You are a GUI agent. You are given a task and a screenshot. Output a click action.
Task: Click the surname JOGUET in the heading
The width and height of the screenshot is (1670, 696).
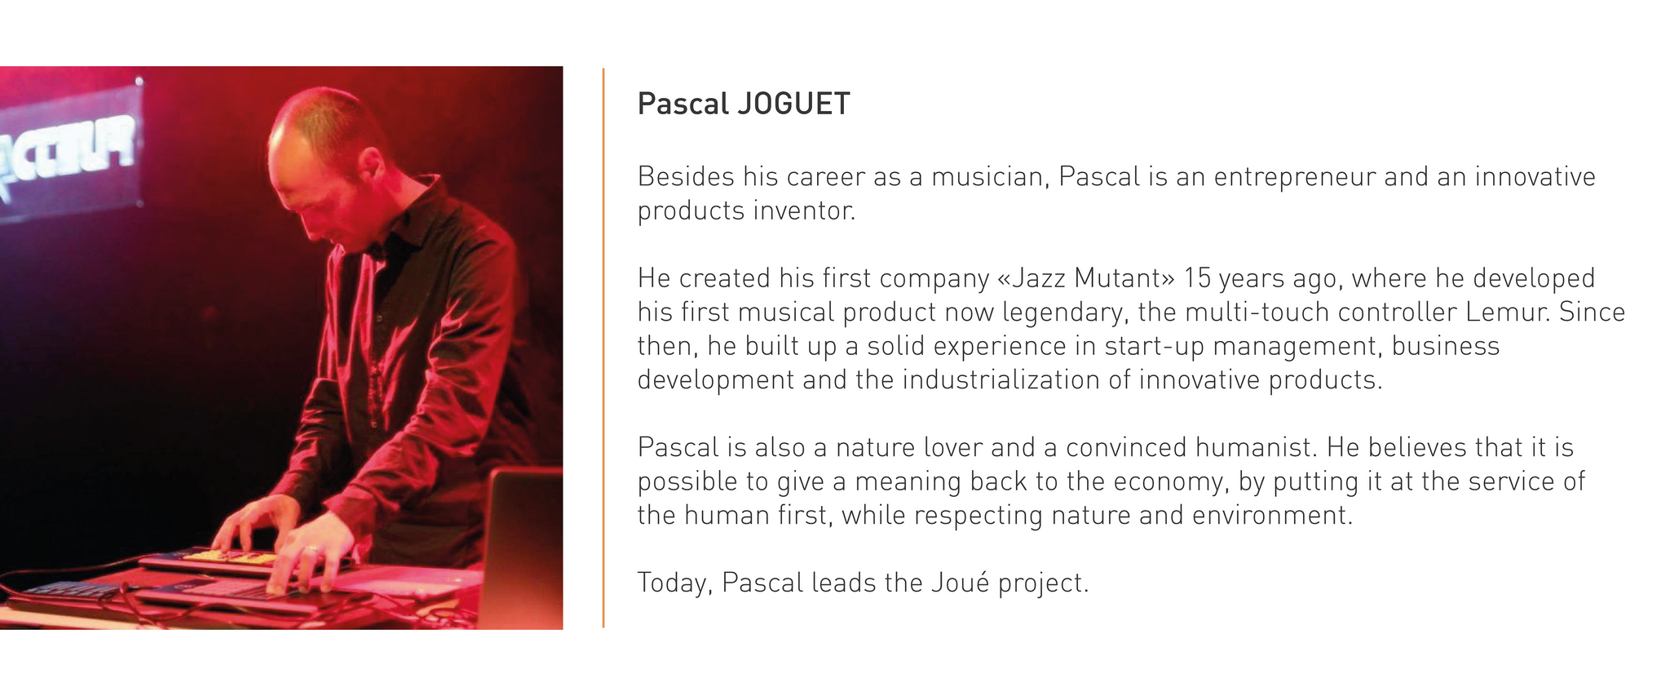(x=793, y=104)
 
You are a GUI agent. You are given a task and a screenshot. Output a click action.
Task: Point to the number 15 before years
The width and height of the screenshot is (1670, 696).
(x=1197, y=278)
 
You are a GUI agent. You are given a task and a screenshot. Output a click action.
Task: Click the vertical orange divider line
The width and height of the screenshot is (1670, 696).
(x=603, y=348)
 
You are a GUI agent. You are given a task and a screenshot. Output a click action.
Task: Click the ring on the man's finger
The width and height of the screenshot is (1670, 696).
(x=311, y=551)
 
